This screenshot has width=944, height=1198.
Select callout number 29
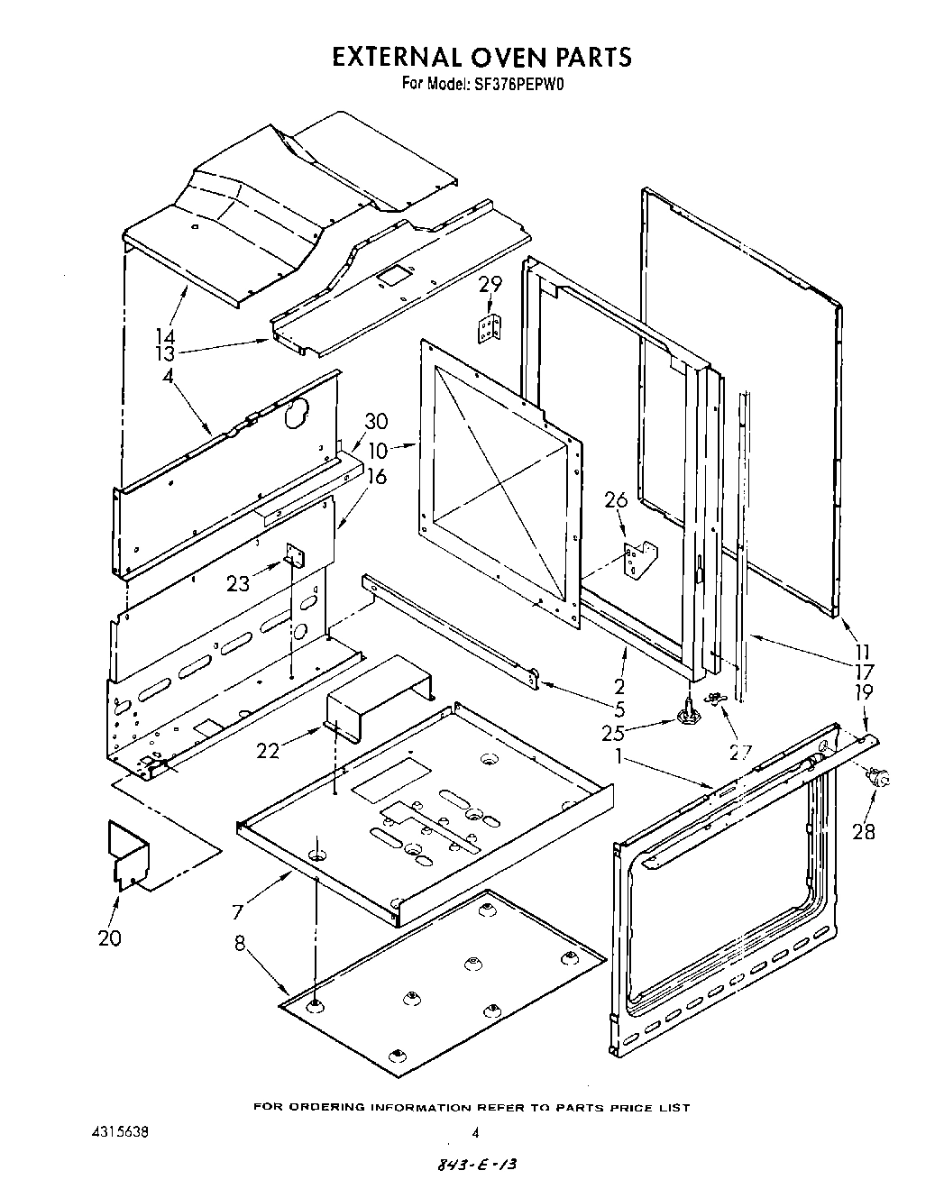tap(490, 285)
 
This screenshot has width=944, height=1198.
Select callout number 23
tap(237, 584)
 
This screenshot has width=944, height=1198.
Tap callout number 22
tap(267, 749)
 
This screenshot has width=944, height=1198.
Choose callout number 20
tap(109, 937)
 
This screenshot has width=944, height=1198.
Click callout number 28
tap(863, 831)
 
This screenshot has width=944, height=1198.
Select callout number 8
tap(240, 945)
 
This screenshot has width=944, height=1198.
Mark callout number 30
tap(376, 420)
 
